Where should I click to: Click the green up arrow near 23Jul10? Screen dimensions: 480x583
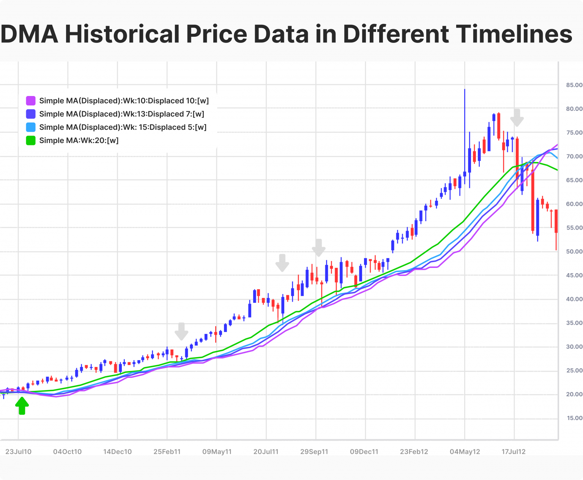[x=22, y=406]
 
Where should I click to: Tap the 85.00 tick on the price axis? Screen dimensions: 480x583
[x=574, y=85]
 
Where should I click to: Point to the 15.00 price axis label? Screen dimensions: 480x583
[x=574, y=418]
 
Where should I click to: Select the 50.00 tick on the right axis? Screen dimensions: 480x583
[x=574, y=252]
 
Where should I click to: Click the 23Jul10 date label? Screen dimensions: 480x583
[x=18, y=452]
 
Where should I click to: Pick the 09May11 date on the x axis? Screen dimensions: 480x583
[x=217, y=452]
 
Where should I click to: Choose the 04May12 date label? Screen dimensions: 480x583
[x=465, y=452]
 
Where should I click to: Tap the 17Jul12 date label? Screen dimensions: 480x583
[x=514, y=452]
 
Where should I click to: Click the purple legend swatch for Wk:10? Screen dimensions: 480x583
[x=31, y=101]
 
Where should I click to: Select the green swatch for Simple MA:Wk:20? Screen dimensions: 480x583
[x=31, y=140]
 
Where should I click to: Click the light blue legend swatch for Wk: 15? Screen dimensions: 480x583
[x=31, y=127]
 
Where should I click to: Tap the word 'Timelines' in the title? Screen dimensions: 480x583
[x=514, y=34]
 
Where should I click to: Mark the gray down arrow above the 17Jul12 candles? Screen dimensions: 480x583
[x=517, y=118]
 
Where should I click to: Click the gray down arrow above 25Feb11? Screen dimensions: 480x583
[x=181, y=331]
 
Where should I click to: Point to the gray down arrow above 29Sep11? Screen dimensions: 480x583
[x=319, y=248]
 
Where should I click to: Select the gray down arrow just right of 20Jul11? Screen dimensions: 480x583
[x=282, y=263]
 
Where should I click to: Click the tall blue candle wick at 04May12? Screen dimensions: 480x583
[x=465, y=129]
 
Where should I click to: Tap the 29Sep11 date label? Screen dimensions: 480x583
[x=314, y=452]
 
